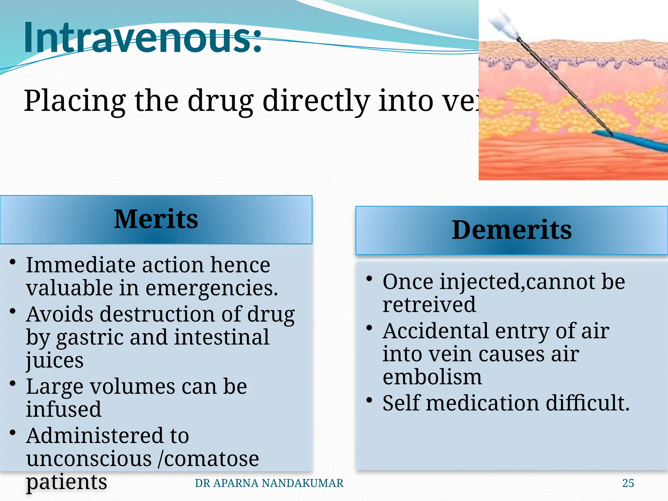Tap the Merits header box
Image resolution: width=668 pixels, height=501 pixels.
click(156, 219)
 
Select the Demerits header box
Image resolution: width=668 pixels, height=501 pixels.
click(511, 230)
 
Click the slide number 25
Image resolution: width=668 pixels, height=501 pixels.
click(628, 483)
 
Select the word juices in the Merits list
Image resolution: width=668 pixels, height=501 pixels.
click(54, 360)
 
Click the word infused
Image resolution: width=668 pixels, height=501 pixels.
click(64, 409)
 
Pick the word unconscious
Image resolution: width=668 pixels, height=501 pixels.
click(89, 459)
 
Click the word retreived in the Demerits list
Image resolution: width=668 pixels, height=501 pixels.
click(429, 305)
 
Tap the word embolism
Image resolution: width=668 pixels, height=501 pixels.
click(432, 377)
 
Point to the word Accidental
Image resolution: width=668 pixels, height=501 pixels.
click(436, 331)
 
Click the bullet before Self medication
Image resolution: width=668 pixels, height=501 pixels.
click(369, 400)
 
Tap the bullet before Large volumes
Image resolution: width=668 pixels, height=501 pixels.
click(13, 383)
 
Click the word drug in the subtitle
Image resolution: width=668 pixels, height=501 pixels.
click(220, 101)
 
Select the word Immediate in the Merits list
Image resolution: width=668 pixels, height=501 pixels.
click(80, 265)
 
